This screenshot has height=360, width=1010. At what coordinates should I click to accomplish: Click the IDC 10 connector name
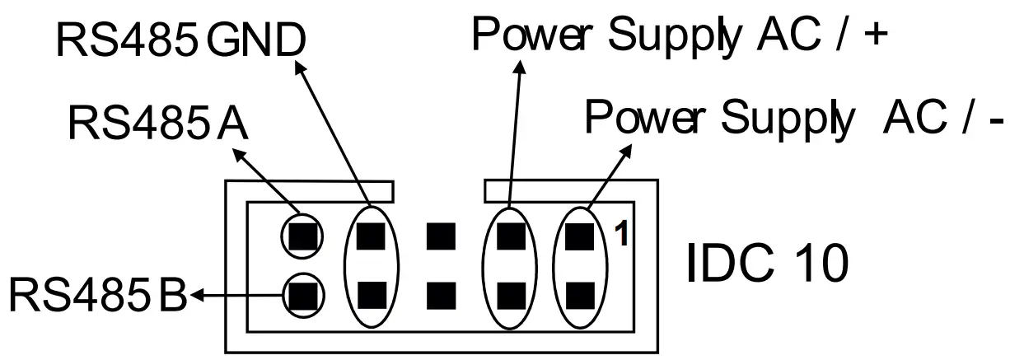pos(765,264)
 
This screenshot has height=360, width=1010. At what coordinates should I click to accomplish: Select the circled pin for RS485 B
pos(303,292)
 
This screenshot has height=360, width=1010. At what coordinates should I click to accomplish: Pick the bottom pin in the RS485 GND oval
pos(372,292)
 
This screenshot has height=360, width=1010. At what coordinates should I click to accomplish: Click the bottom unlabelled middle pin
pos(442,292)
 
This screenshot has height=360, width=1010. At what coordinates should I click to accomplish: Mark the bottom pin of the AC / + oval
pos(512,292)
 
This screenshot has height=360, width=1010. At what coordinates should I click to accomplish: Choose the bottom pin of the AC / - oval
pos(581,292)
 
